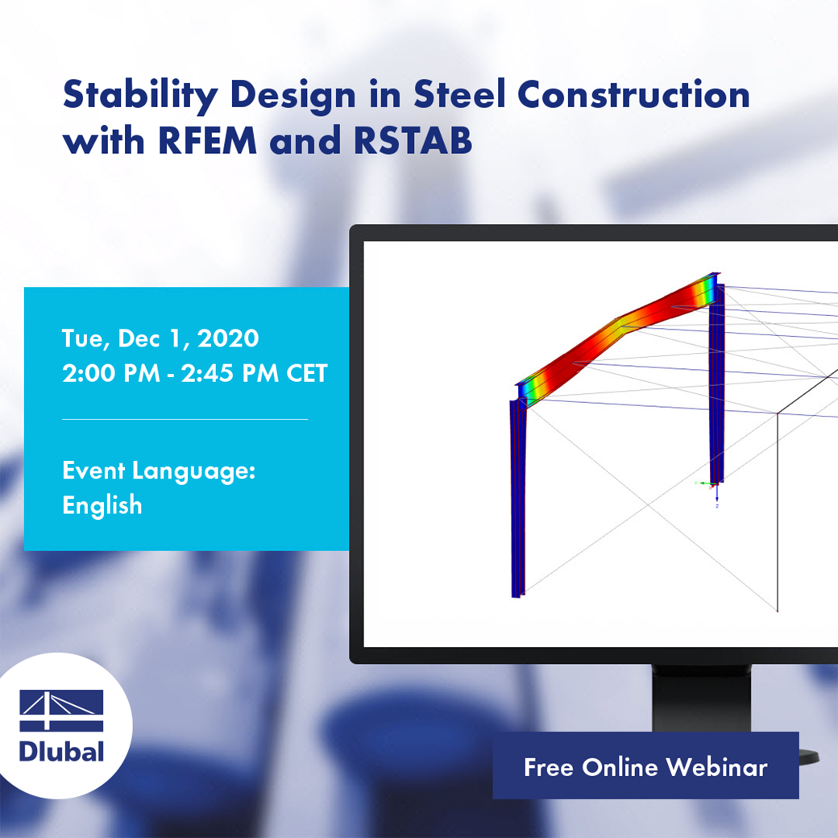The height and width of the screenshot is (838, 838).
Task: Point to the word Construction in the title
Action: [633, 95]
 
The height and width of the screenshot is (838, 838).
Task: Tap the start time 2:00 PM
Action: [109, 374]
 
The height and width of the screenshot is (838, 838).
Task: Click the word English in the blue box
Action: [102, 505]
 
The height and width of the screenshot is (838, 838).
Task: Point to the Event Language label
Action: [159, 471]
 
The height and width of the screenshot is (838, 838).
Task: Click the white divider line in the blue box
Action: [185, 419]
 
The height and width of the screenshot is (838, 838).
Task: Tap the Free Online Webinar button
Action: [645, 766]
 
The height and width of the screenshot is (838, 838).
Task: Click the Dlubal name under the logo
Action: [61, 751]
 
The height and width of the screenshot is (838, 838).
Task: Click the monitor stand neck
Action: [701, 697]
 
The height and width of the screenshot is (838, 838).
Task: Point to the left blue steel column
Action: [517, 500]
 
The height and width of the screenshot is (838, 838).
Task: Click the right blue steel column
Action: [716, 387]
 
